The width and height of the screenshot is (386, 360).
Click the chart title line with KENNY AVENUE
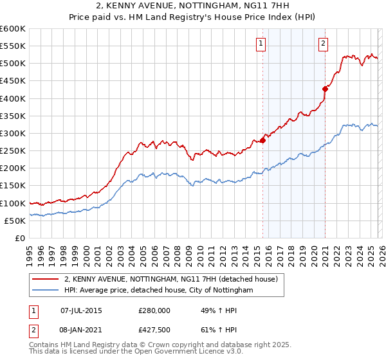tap(193, 5)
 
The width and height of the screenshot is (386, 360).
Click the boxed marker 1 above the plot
tap(261, 44)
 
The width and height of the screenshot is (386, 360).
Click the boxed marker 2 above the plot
tap(322, 44)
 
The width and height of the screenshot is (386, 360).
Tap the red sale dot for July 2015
tap(263, 141)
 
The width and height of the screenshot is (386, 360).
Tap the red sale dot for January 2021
tap(325, 89)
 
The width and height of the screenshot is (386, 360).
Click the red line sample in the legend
tap(46, 280)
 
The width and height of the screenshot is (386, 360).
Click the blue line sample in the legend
tap(46, 291)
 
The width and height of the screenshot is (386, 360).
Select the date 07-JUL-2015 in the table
tap(81, 310)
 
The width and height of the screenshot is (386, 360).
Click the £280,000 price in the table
tap(154, 310)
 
